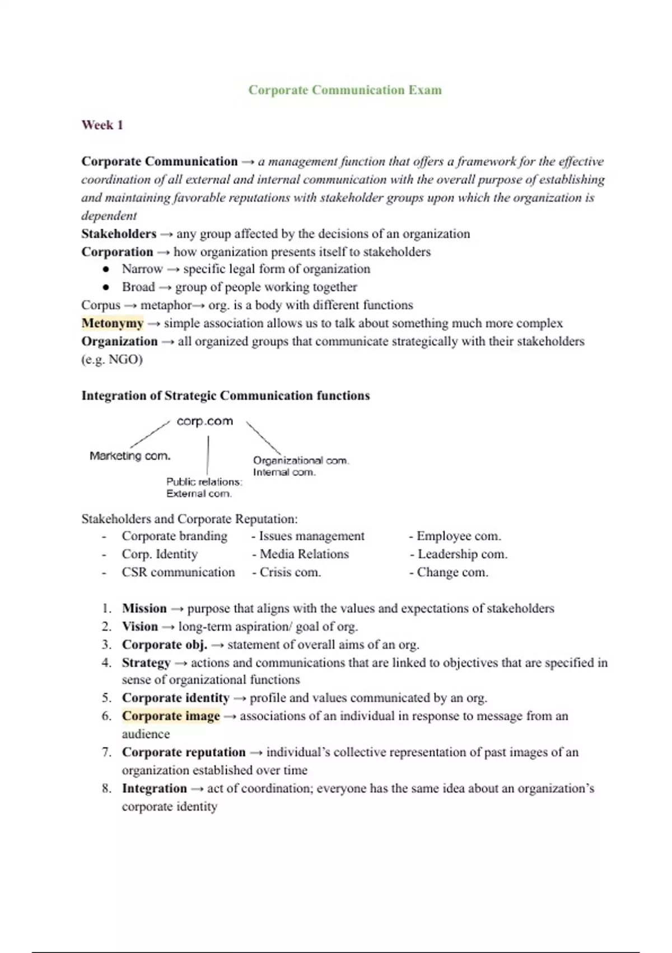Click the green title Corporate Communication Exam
pyautogui.click(x=345, y=90)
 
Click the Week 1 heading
pyautogui.click(x=102, y=125)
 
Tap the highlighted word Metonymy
pyautogui.click(x=113, y=323)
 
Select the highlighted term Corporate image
pyautogui.click(x=171, y=716)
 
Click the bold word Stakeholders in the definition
pyautogui.click(x=119, y=234)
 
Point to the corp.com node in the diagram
pyautogui.click(x=204, y=421)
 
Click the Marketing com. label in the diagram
pyautogui.click(x=130, y=456)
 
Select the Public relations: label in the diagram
pyautogui.click(x=204, y=482)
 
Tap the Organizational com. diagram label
pyautogui.click(x=301, y=460)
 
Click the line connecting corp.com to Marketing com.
pyautogui.click(x=150, y=435)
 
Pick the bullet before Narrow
pyautogui.click(x=106, y=270)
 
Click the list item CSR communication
pyautogui.click(x=178, y=572)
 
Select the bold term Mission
pyautogui.click(x=144, y=609)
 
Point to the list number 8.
pyautogui.click(x=106, y=789)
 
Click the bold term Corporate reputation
pyautogui.click(x=184, y=752)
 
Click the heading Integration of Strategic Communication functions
pyautogui.click(x=226, y=396)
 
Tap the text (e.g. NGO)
pyautogui.click(x=112, y=359)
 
